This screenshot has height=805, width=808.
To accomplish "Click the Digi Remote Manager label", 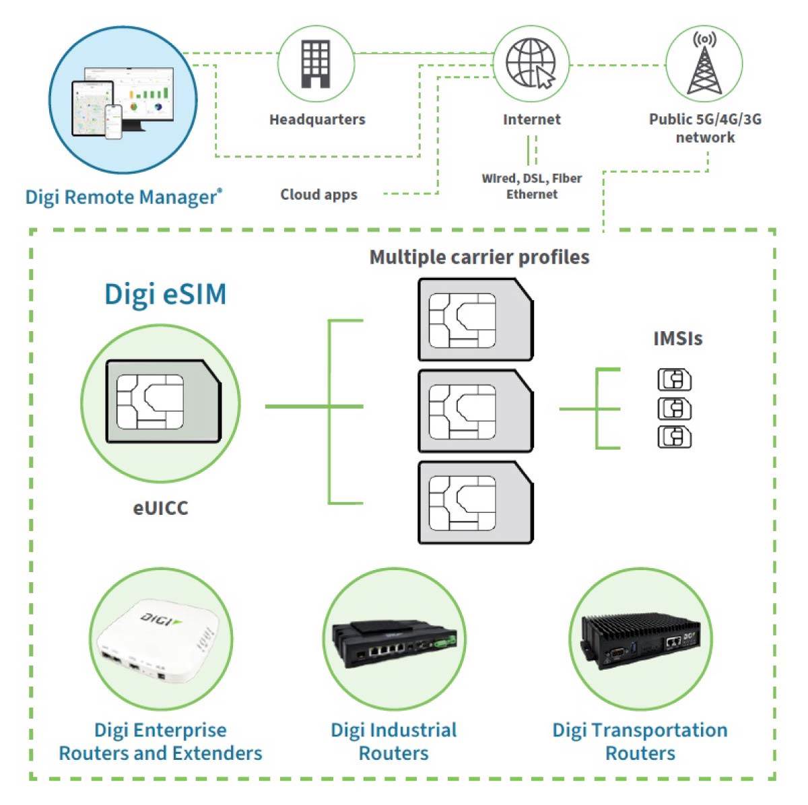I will click(123, 197).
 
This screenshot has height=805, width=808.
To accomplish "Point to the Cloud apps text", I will click(318, 195).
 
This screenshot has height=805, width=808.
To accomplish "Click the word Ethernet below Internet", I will click(532, 194).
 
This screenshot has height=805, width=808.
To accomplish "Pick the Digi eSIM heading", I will click(166, 295).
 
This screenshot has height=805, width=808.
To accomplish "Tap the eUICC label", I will click(160, 508).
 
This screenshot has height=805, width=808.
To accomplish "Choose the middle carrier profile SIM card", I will click(475, 411).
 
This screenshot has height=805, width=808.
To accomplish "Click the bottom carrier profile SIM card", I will click(475, 501).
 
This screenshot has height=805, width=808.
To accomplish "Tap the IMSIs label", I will click(677, 339).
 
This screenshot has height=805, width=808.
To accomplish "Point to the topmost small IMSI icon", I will click(674, 380).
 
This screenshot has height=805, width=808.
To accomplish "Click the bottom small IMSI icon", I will click(674, 437).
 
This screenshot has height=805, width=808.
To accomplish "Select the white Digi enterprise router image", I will click(160, 639).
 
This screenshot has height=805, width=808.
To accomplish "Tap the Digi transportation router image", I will click(641, 639).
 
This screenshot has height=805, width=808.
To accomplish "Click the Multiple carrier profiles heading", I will click(479, 257).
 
